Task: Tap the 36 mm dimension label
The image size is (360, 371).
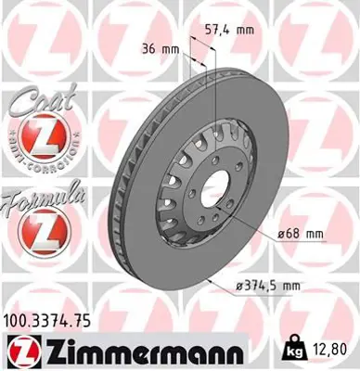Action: click(x=160, y=48)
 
